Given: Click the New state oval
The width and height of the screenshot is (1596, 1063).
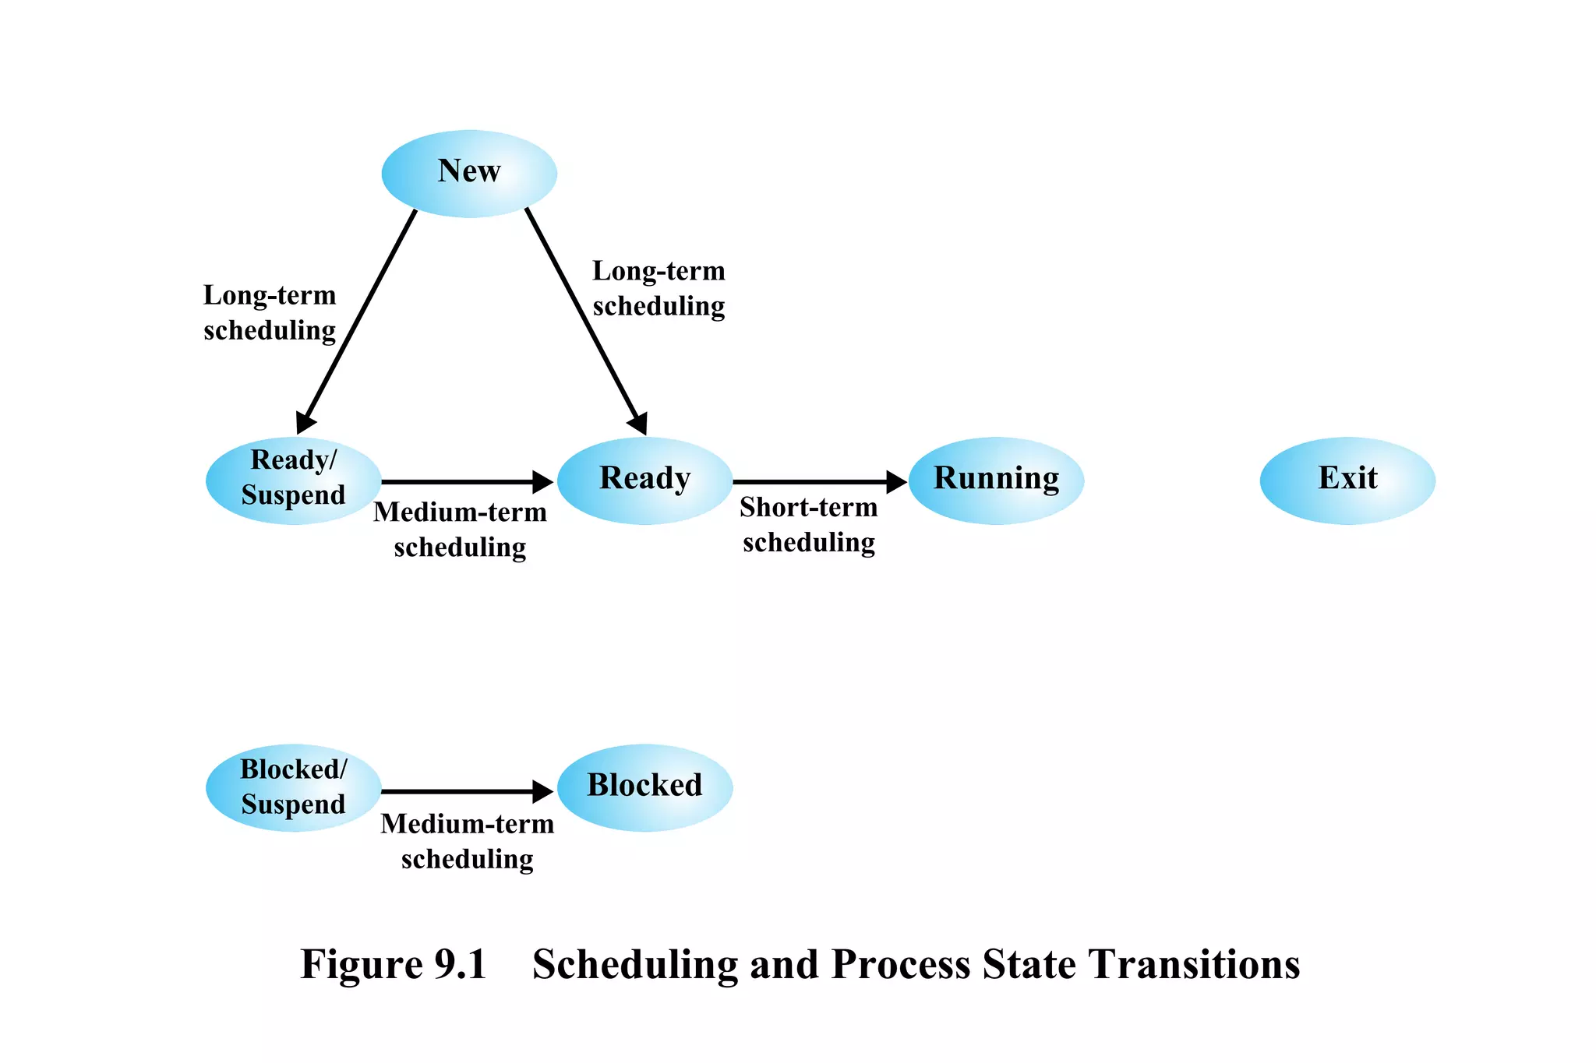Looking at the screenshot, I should click(469, 173).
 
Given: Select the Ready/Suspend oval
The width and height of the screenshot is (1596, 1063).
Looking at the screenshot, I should click(293, 480).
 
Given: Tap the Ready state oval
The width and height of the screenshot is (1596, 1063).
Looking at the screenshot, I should click(644, 480).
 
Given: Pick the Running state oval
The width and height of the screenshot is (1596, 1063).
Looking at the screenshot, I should click(996, 480).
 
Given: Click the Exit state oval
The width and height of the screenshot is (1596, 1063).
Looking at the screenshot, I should click(1347, 480).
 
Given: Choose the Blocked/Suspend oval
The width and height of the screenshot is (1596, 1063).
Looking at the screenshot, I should click(293, 787).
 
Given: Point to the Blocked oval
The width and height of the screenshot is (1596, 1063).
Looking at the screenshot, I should click(644, 787).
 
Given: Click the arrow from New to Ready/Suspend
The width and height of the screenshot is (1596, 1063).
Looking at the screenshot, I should click(358, 319).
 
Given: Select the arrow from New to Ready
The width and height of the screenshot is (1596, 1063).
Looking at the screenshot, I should click(584, 319).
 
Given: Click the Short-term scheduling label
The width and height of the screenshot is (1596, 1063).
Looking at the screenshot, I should click(808, 525).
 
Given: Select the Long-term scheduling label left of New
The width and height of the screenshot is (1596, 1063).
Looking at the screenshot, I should click(270, 312).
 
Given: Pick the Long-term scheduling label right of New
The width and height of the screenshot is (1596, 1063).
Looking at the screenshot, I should click(659, 288).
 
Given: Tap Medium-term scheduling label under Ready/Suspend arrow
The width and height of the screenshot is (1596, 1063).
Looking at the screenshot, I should click(460, 530).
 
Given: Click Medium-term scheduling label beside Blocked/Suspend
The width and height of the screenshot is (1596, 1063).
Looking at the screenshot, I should click(467, 841).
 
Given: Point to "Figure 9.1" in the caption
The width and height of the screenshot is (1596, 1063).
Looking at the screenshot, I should click(394, 964).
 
